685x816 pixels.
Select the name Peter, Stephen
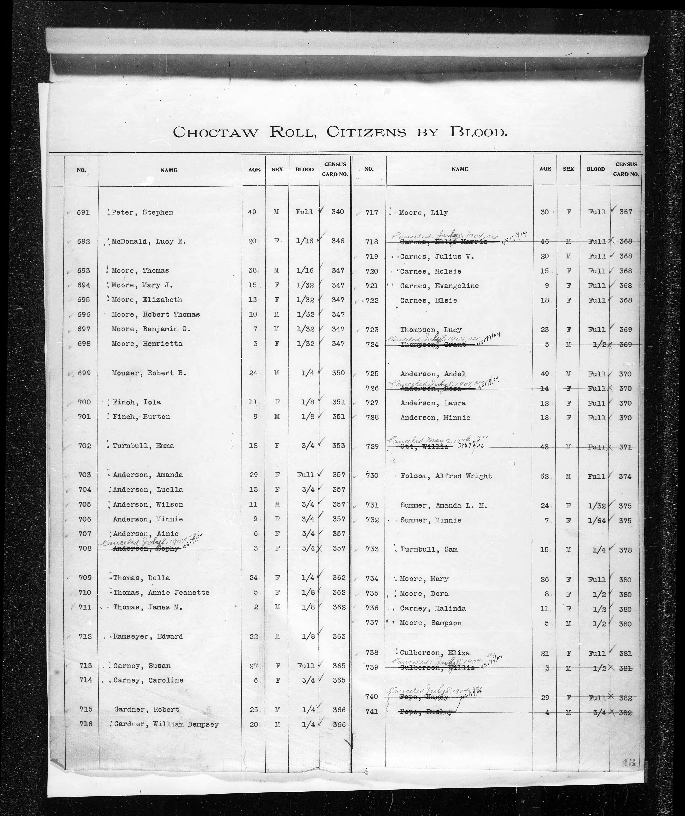click(x=142, y=212)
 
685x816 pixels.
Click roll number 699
click(x=84, y=373)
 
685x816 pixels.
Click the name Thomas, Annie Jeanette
click(x=161, y=593)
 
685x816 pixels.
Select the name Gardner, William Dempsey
click(x=166, y=724)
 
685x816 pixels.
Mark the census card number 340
click(x=338, y=212)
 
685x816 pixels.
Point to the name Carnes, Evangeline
click(x=439, y=286)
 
